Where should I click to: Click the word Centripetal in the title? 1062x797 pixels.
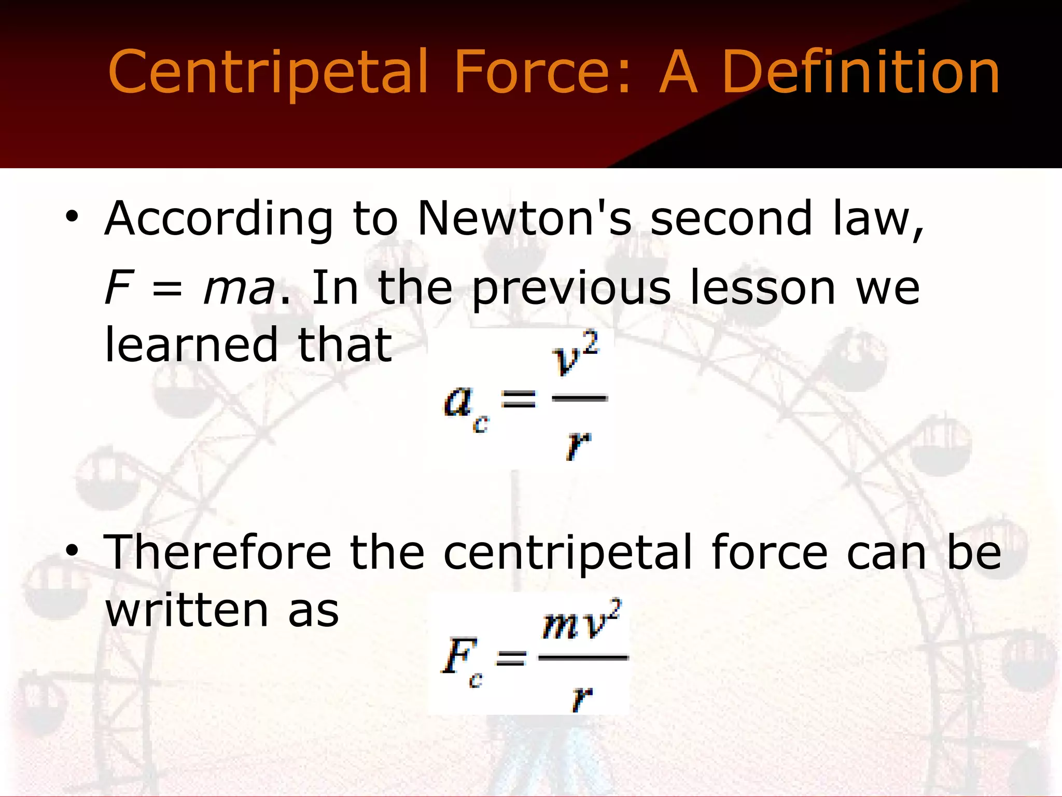coord(268,73)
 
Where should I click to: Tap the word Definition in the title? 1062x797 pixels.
coord(860,73)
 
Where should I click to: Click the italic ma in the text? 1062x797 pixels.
coord(239,288)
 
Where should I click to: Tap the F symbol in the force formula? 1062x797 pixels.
coord(455,656)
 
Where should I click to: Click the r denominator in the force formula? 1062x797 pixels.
coord(582,698)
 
